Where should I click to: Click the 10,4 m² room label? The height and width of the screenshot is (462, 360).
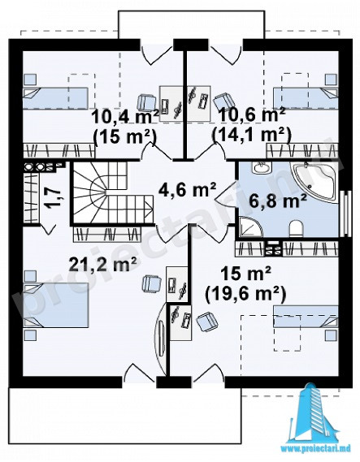(126, 117)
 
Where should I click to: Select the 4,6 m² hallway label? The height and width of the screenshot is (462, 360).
(188, 190)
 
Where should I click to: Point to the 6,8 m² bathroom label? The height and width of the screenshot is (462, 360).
(278, 202)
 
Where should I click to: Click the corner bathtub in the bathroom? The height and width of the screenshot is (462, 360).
(314, 183)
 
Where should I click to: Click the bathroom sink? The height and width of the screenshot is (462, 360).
(261, 168)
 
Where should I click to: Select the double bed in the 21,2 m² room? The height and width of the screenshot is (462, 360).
(56, 304)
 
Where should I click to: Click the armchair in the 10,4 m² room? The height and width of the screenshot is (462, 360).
(146, 102)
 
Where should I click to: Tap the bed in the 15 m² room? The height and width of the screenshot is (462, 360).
(306, 317)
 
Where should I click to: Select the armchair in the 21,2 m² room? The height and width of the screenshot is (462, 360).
(151, 283)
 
